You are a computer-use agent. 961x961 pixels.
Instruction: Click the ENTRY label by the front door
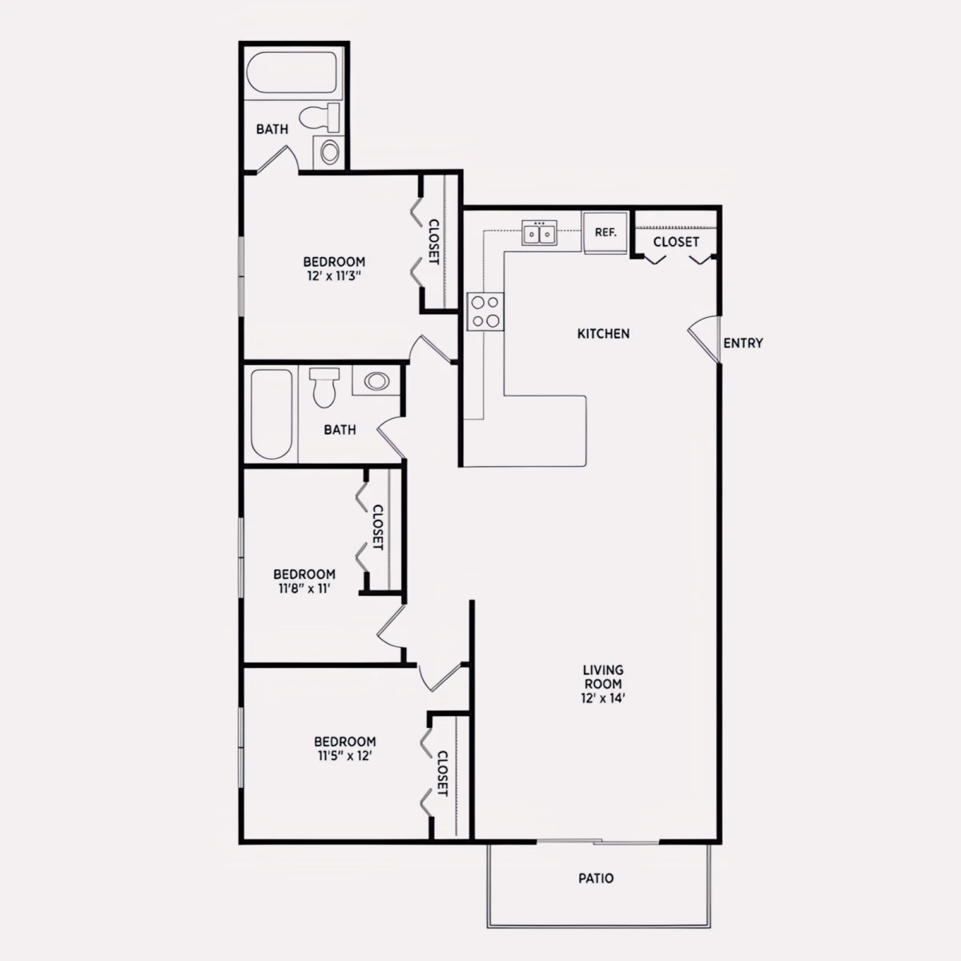(x=743, y=343)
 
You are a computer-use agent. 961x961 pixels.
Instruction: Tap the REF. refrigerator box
(x=605, y=232)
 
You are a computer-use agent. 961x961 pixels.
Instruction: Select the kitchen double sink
(x=539, y=233)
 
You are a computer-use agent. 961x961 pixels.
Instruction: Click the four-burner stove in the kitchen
(x=485, y=312)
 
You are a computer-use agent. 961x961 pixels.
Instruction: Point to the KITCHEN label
(x=604, y=334)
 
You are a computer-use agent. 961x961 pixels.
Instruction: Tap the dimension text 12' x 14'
(x=603, y=698)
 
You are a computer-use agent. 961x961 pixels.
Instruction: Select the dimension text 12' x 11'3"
(x=334, y=275)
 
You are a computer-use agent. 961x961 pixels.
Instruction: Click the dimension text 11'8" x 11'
(x=304, y=589)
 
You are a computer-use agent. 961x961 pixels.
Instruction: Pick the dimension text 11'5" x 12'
(x=345, y=756)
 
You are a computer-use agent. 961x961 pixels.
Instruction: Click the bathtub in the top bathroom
(x=292, y=72)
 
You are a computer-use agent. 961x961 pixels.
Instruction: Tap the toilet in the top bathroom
(x=320, y=118)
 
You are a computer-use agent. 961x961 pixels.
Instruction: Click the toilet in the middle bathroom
(x=324, y=388)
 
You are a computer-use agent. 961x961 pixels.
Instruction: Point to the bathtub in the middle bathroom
(x=271, y=414)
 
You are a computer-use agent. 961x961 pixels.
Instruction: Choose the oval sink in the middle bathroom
(x=376, y=381)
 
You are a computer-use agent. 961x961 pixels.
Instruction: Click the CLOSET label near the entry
(x=676, y=242)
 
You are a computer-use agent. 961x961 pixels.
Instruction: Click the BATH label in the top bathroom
(x=271, y=129)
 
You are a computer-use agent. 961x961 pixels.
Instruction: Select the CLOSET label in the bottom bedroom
(x=442, y=774)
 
